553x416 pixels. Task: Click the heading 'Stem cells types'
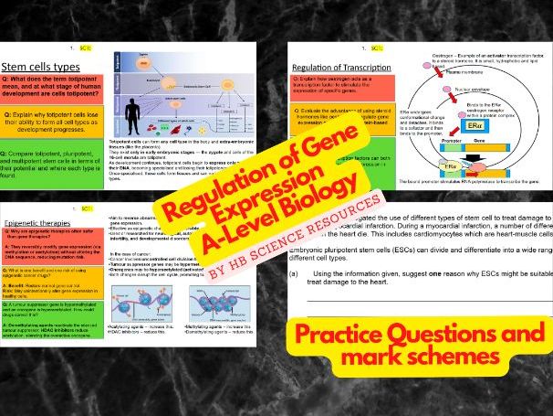(41, 67)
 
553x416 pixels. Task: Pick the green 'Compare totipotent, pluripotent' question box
(53, 165)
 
